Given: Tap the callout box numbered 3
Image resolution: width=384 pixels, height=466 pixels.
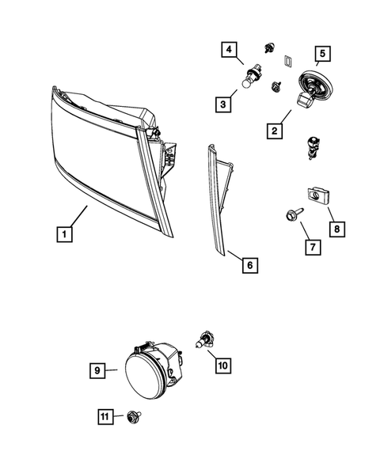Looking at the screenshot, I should pyautogui.click(x=225, y=103).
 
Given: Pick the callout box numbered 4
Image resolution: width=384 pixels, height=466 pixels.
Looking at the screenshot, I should pyautogui.click(x=230, y=52).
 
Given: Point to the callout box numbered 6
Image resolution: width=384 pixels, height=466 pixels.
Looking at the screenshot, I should pyautogui.click(x=248, y=265).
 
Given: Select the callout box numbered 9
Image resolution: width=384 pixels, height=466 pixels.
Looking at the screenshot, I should pyautogui.click(x=97, y=369).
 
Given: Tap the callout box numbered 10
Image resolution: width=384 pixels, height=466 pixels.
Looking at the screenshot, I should pyautogui.click(x=221, y=366).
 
